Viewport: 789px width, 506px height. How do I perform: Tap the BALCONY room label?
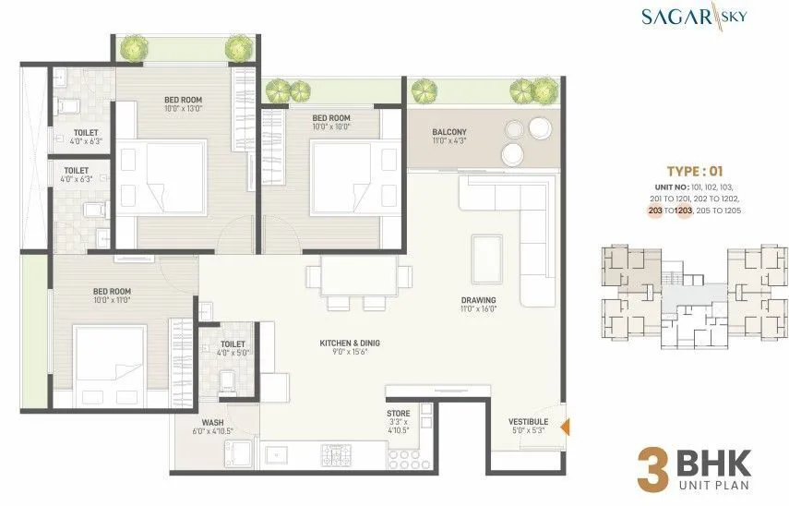tap(449, 137)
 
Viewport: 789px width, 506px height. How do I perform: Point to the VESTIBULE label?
tap(528, 425)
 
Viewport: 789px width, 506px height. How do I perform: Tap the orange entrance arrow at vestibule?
tap(565, 427)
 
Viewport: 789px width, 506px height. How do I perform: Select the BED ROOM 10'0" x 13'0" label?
tap(184, 104)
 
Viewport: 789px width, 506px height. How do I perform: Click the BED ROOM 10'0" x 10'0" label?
tap(330, 122)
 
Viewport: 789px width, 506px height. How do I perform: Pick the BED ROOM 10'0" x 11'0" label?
tap(112, 295)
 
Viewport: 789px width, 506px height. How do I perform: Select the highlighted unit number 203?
tap(655, 211)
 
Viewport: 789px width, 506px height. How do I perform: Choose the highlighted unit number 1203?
tap(684, 211)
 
